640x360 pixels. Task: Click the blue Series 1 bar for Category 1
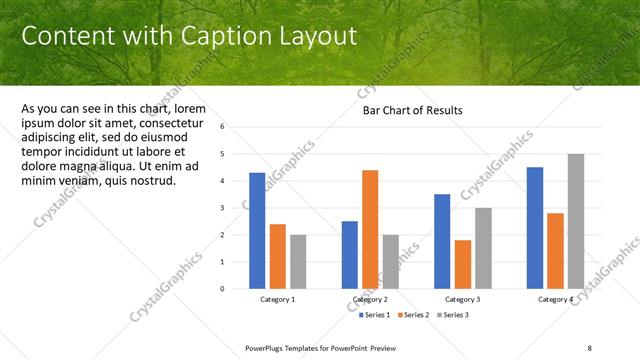coord(257,230)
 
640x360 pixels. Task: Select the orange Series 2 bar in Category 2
coord(370,229)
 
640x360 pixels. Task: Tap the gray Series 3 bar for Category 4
coord(575,221)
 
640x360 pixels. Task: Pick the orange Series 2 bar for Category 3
coord(462,264)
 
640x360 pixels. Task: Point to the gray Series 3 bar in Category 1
coord(298,261)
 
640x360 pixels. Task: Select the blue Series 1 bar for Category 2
coord(350,254)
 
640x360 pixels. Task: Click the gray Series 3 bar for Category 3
coord(482,248)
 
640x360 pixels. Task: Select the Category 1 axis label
coord(277,300)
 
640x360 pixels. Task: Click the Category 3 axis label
coord(462,300)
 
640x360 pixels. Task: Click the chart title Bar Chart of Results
coord(412,111)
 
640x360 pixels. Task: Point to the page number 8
coord(590,347)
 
